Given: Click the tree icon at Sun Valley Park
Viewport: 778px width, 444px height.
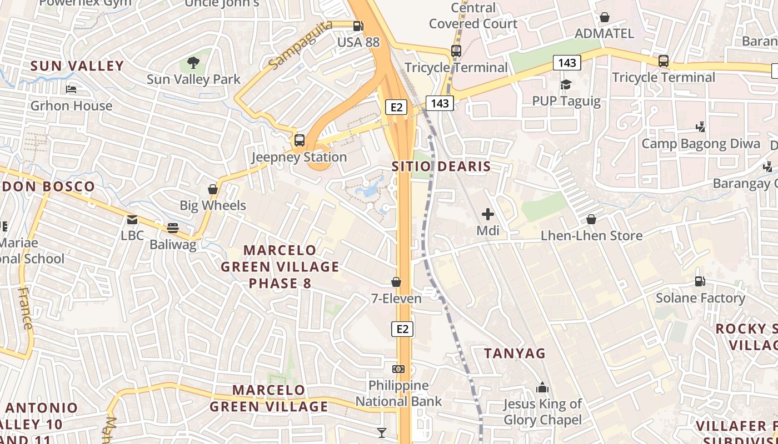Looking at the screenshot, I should [x=193, y=63].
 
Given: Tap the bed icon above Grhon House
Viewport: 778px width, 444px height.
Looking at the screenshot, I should [x=71, y=89].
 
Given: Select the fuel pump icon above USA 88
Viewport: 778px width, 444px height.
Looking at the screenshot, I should [x=358, y=26].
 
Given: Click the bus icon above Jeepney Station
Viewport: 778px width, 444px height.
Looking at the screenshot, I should [x=300, y=140].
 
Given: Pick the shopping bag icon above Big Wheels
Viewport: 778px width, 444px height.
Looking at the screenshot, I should [x=212, y=189].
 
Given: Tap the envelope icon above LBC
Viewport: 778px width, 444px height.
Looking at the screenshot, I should [x=132, y=220].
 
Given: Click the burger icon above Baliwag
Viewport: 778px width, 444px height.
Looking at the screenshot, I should [x=173, y=228].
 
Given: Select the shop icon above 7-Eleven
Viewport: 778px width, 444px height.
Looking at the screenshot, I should [x=396, y=282].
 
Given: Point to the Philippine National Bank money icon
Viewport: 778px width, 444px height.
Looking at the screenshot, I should [x=398, y=369].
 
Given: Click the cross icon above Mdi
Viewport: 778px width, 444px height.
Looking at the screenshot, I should [x=488, y=214].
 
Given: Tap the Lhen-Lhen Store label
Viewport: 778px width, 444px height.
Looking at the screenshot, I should [x=591, y=236].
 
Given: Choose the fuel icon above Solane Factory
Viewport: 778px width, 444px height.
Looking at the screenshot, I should [x=700, y=281].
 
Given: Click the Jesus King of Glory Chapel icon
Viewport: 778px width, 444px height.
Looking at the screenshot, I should [x=542, y=387].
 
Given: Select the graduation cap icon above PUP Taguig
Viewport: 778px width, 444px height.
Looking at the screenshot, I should [x=566, y=84].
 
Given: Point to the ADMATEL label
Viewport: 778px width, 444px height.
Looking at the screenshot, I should [x=604, y=33].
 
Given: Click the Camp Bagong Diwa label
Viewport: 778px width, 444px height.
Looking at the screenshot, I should [x=701, y=144].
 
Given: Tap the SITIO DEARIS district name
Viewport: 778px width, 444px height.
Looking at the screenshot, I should [x=441, y=167].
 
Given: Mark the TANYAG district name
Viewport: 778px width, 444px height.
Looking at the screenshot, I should [x=515, y=354].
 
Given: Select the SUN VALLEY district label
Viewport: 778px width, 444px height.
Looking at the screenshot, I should [x=77, y=66].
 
